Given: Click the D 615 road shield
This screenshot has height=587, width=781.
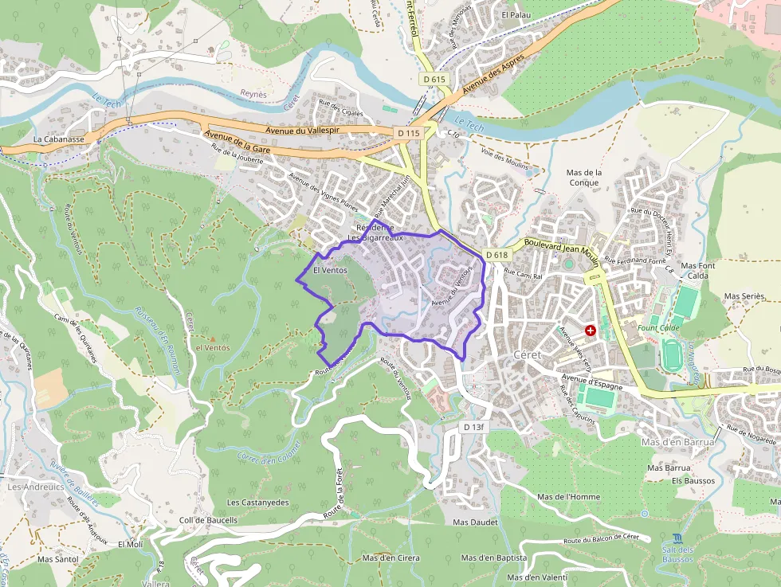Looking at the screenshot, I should (434, 80).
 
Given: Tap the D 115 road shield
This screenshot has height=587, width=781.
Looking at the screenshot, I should (408, 133).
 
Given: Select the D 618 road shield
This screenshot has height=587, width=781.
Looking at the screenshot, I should (496, 255).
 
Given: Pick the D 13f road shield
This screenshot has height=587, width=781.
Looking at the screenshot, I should (473, 428).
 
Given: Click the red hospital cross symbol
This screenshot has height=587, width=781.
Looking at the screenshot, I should (591, 329).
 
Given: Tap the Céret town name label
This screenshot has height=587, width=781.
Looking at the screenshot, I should (528, 354).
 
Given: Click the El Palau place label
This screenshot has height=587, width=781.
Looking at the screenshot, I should (516, 14).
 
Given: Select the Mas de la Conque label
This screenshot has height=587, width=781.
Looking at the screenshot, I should (583, 177).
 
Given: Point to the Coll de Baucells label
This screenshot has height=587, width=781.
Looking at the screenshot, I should (209, 520).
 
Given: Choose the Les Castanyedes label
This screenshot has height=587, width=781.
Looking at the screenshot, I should (257, 503).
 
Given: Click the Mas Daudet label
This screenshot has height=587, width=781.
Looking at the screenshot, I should (475, 522).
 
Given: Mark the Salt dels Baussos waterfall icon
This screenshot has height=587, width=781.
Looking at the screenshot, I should (677, 538).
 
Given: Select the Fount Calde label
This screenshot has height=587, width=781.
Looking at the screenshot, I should (657, 327).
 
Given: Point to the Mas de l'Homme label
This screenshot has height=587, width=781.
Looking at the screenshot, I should (568, 497).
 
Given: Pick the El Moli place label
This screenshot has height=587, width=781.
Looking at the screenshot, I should (130, 545).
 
